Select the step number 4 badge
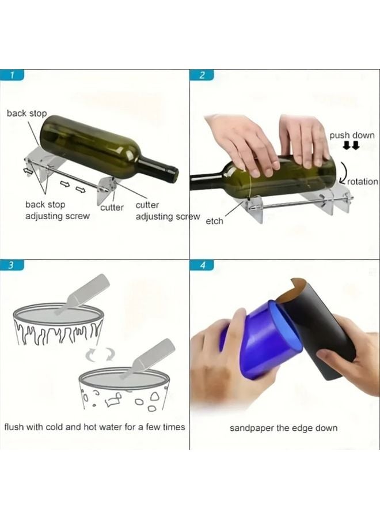pos(202,265)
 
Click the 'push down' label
pos(352,136)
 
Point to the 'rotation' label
pos(363,181)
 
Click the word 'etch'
pos(214,221)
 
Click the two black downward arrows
pos(351,146)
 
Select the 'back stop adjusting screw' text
pos(57,210)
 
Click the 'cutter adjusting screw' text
pos(167,211)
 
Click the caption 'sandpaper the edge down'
pos(284,428)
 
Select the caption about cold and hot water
pos(95,427)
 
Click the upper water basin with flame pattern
pos(58,325)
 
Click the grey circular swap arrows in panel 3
pos(98,355)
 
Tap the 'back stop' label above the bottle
pos(26,113)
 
